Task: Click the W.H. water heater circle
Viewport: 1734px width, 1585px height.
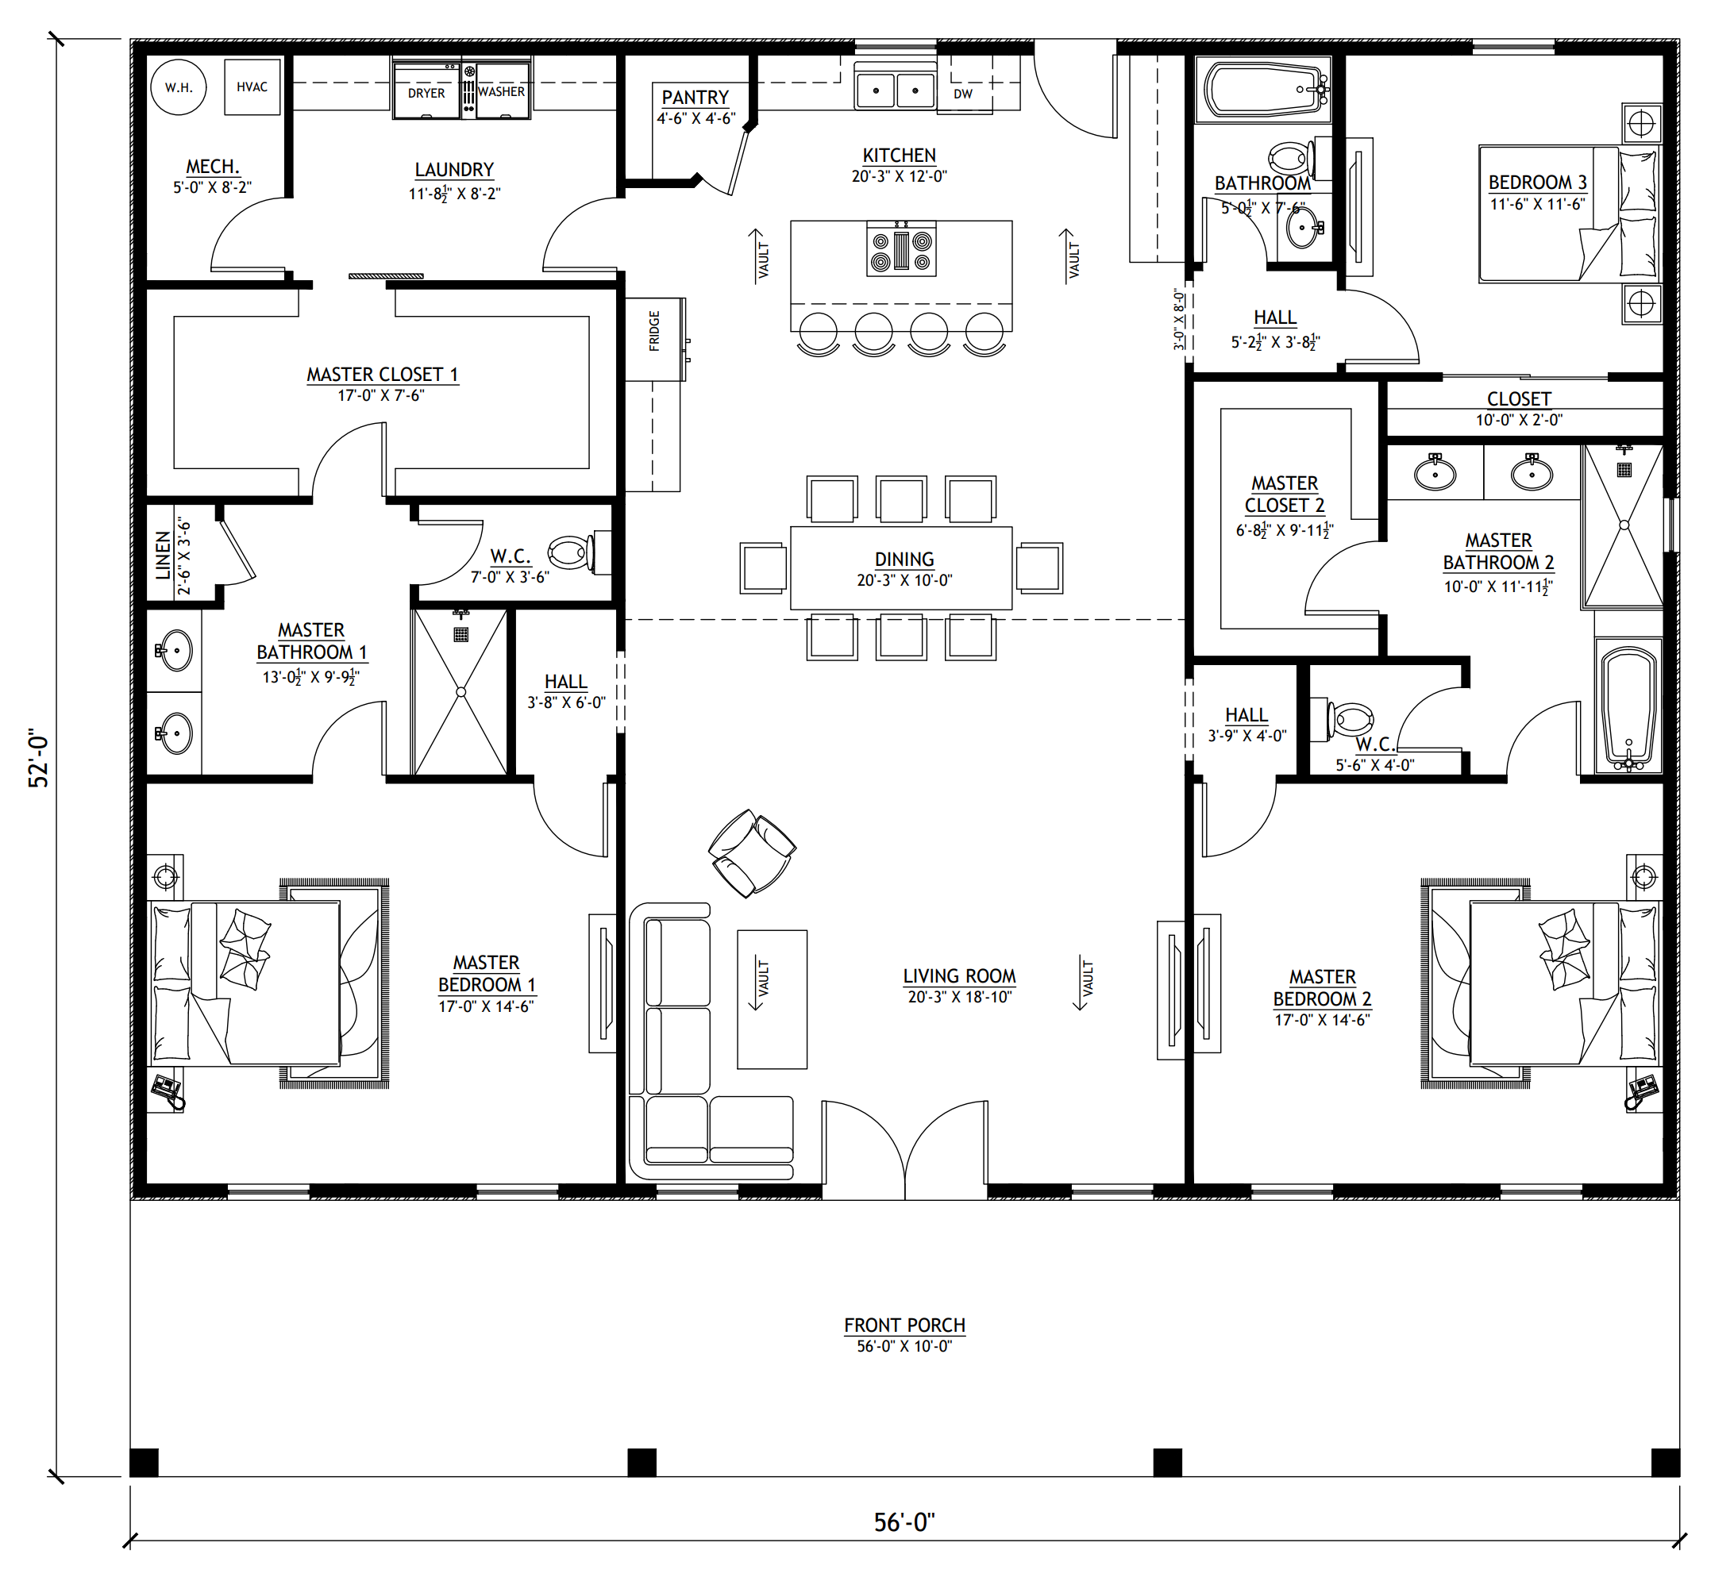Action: (179, 87)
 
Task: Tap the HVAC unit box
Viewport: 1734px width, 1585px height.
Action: (252, 87)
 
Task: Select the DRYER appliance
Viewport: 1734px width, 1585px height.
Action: (426, 90)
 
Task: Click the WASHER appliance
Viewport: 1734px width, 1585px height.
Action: (503, 90)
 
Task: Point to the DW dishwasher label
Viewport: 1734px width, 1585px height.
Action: (963, 94)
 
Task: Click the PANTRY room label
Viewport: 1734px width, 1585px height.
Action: (695, 97)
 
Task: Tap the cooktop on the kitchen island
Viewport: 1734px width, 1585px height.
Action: (901, 248)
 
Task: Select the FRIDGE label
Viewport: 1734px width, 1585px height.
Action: (654, 331)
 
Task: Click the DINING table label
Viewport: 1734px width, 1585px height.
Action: (904, 559)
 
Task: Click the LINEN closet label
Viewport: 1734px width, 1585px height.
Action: (164, 556)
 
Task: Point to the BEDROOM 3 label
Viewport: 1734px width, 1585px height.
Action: (1538, 183)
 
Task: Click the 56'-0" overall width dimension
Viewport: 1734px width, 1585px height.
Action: (904, 1522)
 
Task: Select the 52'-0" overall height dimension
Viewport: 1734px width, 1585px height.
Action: (39, 759)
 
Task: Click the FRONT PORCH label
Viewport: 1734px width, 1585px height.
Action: (905, 1325)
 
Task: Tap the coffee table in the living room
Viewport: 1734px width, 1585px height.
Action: (773, 999)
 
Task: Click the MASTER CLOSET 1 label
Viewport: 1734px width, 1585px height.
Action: (383, 374)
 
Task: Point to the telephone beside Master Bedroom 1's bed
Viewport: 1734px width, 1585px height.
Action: (168, 1090)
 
